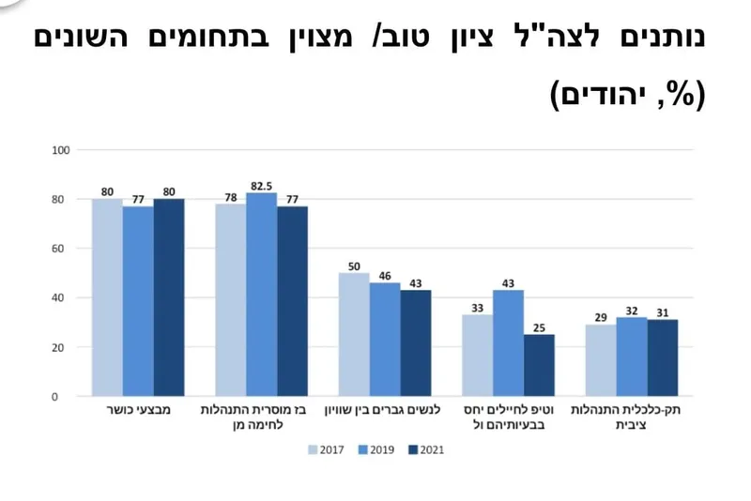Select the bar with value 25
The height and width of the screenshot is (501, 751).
point(539,365)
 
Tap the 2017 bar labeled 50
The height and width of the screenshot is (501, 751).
point(354,334)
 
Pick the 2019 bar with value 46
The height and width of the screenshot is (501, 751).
point(385,339)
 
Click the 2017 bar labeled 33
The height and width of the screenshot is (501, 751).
point(477,355)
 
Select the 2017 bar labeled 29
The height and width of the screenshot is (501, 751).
point(601,360)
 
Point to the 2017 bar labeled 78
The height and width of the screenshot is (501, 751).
point(231,299)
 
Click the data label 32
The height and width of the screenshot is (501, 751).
point(632,311)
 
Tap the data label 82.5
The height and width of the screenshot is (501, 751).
point(261,186)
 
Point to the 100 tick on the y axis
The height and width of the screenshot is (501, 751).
point(61,150)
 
